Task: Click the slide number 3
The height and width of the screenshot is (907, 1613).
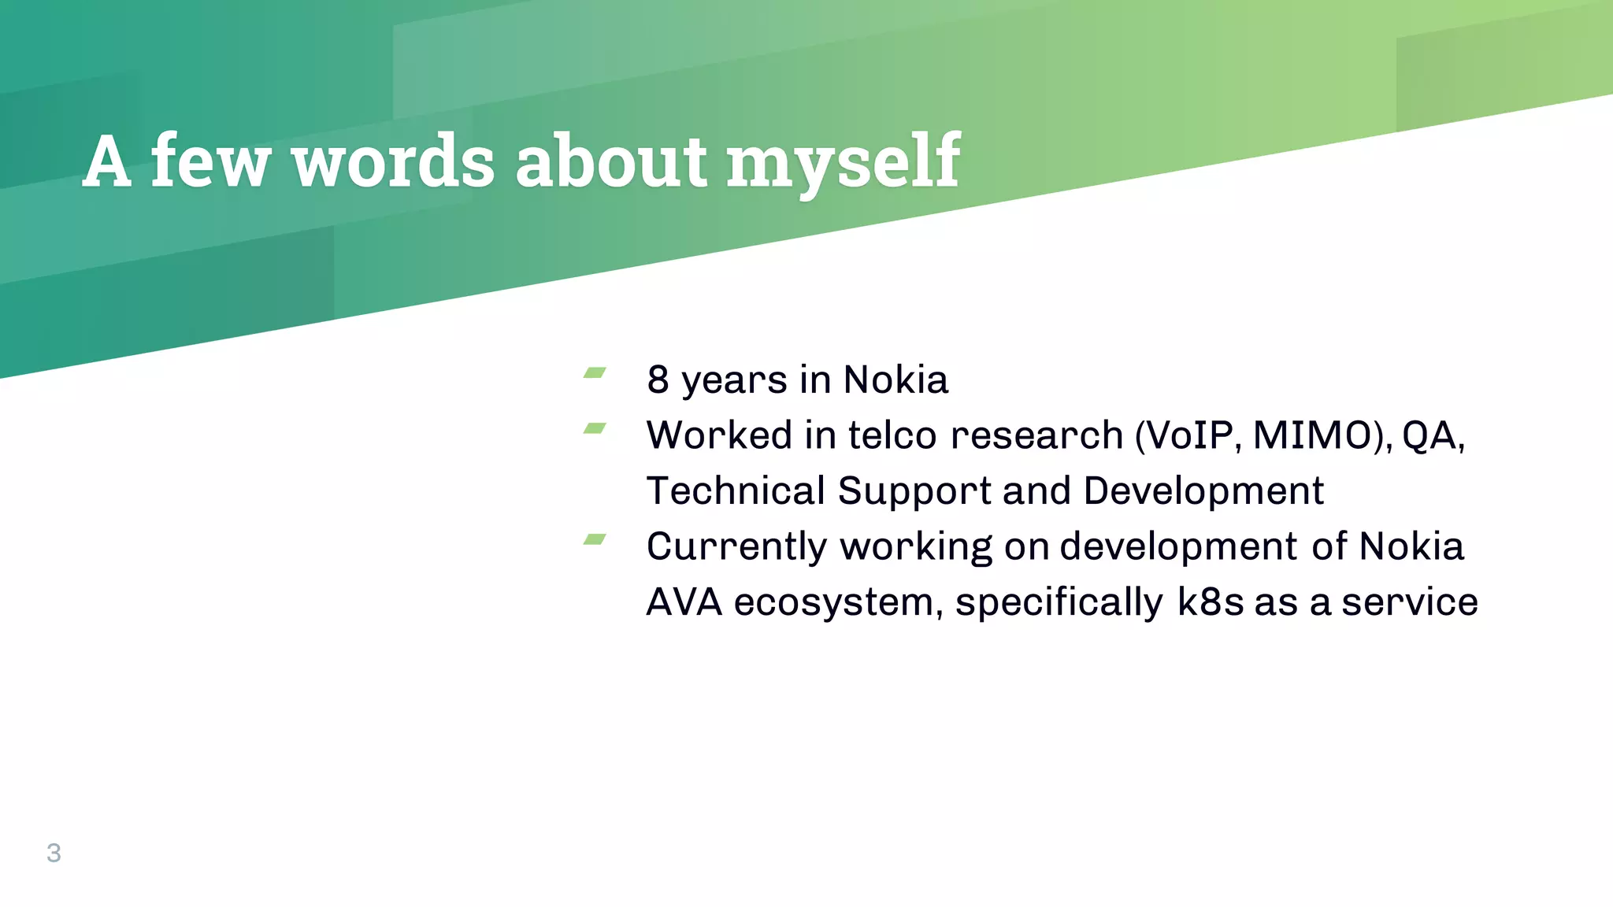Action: (54, 853)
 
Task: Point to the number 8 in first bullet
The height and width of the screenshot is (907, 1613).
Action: (658, 379)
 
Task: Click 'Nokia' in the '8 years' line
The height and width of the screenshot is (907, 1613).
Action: (895, 379)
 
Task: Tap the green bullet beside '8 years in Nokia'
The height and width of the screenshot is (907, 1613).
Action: (595, 372)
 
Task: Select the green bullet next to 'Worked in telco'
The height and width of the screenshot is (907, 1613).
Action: (595, 428)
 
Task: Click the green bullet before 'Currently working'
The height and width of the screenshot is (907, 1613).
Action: (595, 539)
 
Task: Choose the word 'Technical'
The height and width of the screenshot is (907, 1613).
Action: (736, 491)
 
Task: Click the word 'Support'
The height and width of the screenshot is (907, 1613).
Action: (914, 491)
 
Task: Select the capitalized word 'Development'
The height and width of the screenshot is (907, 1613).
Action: (1203, 491)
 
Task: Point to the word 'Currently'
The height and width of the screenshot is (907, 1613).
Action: (736, 546)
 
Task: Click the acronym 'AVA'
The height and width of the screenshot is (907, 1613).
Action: (684, 602)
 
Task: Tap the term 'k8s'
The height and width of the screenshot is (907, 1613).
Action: (1211, 602)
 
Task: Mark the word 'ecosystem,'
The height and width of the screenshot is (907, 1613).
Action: (838, 602)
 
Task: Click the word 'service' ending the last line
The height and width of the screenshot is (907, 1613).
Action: (1410, 602)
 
